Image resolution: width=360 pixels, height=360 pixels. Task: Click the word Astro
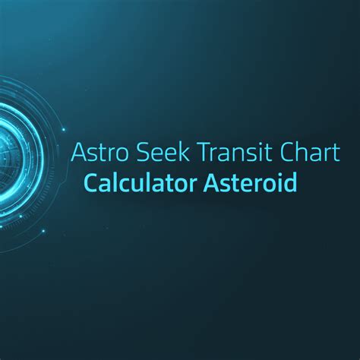tap(98, 152)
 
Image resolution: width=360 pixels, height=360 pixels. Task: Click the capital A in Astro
tap(77, 152)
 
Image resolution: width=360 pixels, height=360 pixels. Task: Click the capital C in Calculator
tap(92, 184)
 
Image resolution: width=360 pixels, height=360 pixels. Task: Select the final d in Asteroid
tap(289, 184)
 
